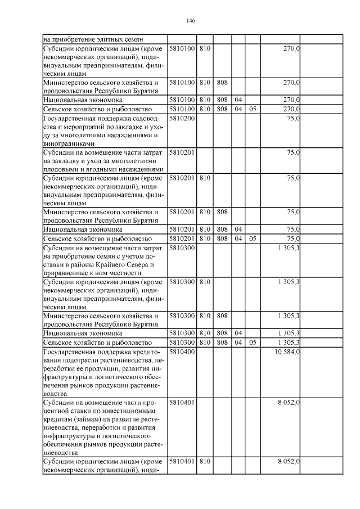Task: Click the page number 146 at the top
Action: (x=190, y=21)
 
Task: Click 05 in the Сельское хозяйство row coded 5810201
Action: (x=252, y=238)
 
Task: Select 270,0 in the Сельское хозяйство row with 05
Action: (x=291, y=109)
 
